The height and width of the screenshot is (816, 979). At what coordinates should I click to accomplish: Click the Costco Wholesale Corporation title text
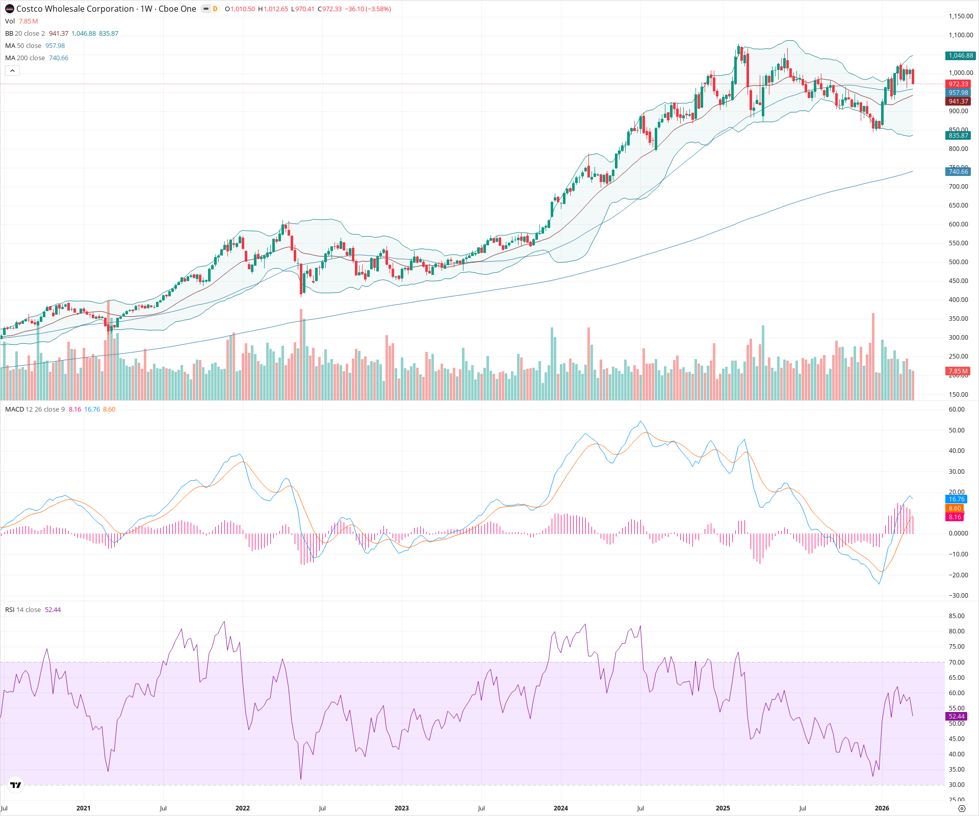pos(75,9)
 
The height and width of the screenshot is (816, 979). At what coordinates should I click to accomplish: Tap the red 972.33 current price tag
pos(958,84)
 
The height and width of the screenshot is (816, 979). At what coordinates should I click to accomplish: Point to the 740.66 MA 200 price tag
pos(958,172)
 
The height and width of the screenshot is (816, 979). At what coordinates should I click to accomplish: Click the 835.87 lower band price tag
pos(958,136)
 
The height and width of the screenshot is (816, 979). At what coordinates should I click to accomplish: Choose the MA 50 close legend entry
pos(23,45)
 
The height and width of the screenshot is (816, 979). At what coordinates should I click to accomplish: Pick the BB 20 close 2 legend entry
pos(25,33)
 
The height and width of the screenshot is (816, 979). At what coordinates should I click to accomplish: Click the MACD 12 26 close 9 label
pos(35,410)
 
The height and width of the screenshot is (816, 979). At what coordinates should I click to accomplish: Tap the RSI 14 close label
pos(23,610)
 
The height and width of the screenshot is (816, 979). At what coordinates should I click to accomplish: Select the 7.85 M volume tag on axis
pos(958,371)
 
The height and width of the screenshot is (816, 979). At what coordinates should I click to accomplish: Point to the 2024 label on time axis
pos(560,808)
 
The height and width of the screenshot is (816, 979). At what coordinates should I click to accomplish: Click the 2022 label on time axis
pos(242,808)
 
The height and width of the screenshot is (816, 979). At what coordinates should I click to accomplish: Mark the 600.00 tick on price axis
pos(958,224)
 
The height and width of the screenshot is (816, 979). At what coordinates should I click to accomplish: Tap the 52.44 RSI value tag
pos(956,717)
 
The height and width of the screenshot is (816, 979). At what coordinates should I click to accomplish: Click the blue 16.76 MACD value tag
pos(956,499)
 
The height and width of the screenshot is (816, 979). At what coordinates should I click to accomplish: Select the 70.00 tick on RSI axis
pos(957,662)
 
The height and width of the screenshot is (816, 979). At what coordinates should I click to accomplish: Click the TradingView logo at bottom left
pos(16,785)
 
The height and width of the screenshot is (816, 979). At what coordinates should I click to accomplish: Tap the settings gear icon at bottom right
pos(962,808)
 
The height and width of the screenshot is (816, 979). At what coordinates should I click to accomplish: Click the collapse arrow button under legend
pos(12,71)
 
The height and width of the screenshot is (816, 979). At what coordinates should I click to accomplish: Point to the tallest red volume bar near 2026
pos(873,357)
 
